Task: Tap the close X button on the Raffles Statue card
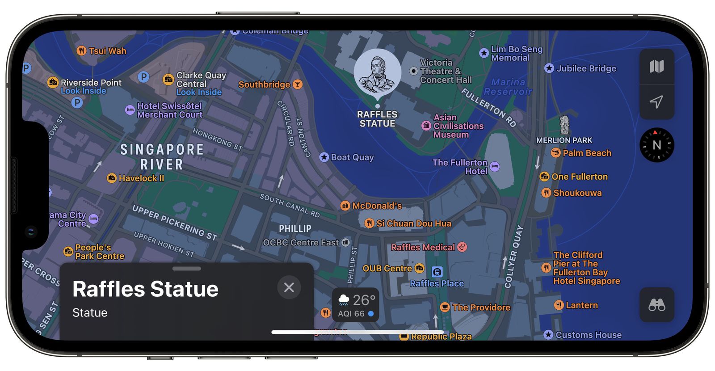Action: coord(289,287)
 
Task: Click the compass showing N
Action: coord(656,145)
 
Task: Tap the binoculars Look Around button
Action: coord(656,305)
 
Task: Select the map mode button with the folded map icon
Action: coord(656,67)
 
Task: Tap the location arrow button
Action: coord(656,102)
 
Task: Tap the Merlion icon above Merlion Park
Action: coord(564,125)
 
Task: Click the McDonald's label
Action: coord(377,206)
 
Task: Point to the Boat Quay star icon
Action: coord(324,157)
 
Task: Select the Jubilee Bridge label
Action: coord(586,68)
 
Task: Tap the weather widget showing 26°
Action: coord(355,305)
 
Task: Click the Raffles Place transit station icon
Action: coord(437,271)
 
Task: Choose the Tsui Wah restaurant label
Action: coord(107,51)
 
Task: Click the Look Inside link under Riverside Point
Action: coord(84,91)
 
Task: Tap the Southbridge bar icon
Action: coord(297,84)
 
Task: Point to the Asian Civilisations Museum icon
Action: coord(426,126)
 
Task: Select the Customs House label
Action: coord(588,335)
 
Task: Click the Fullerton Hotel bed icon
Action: coord(495,167)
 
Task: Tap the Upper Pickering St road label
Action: coord(174,223)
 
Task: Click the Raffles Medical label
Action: coord(423,247)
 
